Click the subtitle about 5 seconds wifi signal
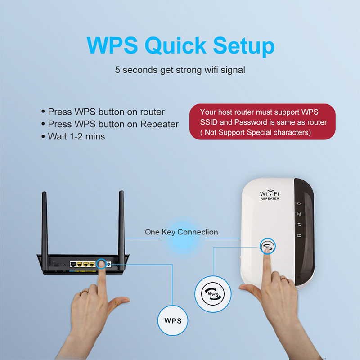tap(180, 70)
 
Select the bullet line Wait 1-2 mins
tap(76, 136)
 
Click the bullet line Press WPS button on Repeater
tap(113, 124)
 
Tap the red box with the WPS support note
tap(262, 122)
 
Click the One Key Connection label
tap(181, 232)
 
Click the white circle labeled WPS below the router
tap(173, 321)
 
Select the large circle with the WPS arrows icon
tap(213, 294)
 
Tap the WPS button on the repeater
tap(268, 247)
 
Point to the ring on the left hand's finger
tap(83, 293)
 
